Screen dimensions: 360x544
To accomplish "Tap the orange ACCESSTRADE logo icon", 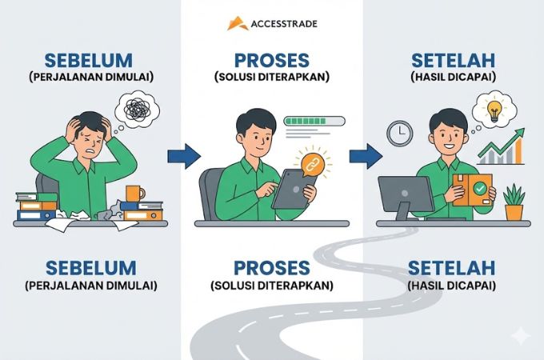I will click(237, 23).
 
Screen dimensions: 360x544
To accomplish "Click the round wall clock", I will click(399, 133).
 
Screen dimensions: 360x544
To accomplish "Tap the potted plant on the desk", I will click(514, 203).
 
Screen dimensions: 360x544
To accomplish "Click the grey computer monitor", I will click(406, 196).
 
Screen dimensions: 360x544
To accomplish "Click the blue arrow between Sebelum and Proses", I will click(182, 154).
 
